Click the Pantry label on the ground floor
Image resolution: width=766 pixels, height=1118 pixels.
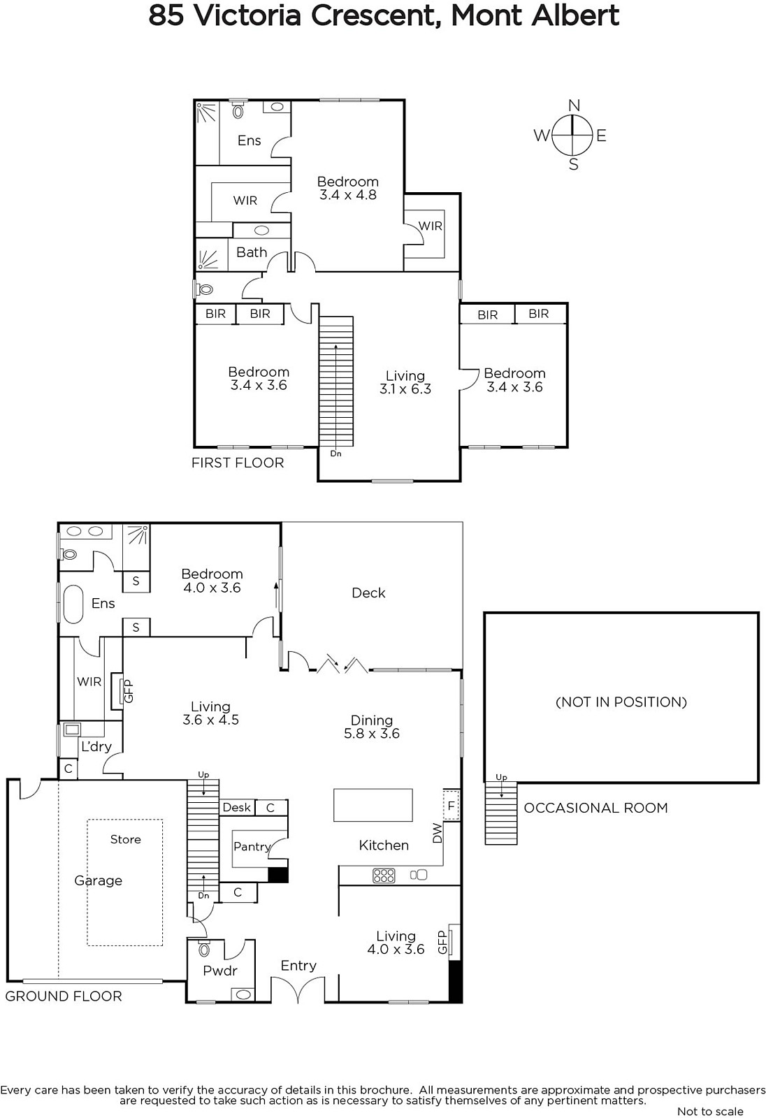(252, 846)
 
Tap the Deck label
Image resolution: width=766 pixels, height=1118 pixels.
(368, 593)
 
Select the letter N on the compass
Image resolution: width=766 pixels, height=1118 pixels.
(574, 106)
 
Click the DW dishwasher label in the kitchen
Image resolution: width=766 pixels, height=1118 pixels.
(438, 833)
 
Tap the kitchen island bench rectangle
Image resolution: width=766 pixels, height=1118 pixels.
(373, 805)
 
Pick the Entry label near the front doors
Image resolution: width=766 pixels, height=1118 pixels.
(298, 966)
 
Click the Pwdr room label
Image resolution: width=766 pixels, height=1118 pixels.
(219, 971)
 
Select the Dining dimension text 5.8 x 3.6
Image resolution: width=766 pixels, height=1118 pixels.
(372, 733)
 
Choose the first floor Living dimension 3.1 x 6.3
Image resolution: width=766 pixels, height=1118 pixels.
(405, 389)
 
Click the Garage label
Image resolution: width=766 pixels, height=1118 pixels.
(98, 881)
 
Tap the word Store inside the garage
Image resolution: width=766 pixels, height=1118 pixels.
(125, 839)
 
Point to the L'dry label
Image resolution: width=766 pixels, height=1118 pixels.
(96, 746)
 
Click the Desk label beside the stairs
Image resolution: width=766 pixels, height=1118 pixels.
(237, 807)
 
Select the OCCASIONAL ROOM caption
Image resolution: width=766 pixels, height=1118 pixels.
(595, 808)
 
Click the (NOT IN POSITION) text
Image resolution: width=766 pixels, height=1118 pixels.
(621, 702)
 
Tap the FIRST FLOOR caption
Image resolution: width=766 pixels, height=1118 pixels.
(238, 463)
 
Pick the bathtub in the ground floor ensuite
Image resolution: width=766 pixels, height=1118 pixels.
(73, 604)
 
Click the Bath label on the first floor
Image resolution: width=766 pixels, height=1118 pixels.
(252, 252)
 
